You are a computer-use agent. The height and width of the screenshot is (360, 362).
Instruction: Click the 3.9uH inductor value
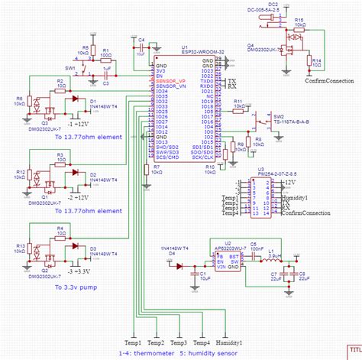point(276,255)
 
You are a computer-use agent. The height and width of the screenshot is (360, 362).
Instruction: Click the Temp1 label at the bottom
point(134,343)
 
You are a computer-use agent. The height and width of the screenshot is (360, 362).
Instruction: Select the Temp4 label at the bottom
point(202,343)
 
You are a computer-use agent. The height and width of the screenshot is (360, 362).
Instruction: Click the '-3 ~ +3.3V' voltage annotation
point(82,271)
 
